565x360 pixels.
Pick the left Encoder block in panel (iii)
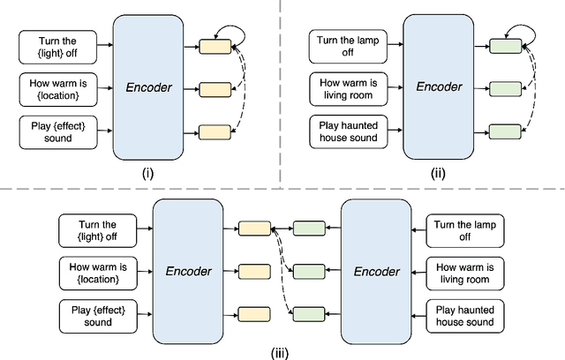186,272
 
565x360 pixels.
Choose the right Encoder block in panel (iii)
374,272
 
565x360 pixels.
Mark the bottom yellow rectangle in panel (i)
215,133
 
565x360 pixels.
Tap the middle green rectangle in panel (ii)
505,88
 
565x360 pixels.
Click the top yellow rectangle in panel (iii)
254,229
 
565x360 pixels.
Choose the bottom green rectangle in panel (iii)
308,313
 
